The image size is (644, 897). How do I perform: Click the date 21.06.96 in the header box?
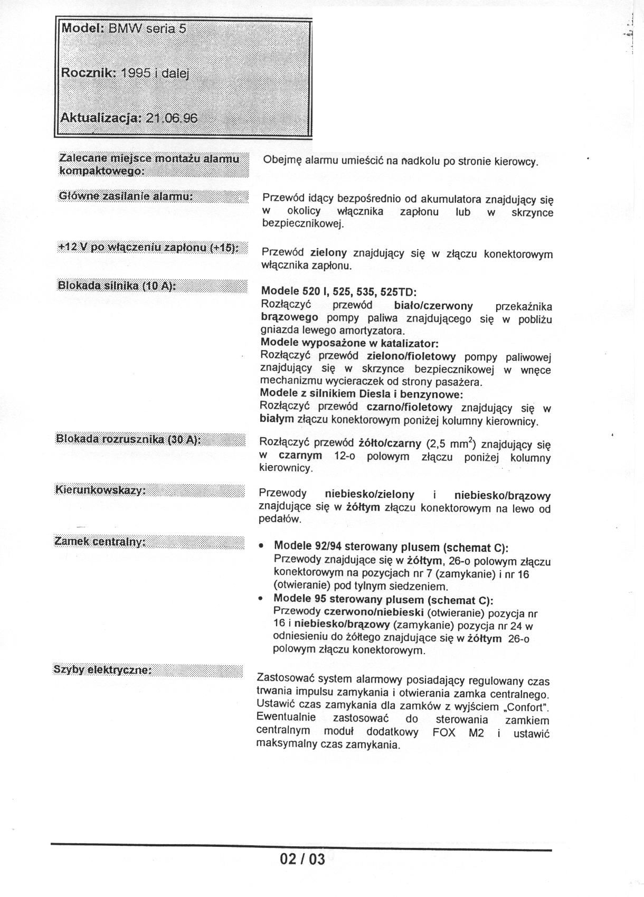tap(172, 118)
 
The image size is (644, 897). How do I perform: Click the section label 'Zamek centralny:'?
tap(100, 542)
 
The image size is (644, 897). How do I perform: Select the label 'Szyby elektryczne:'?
tap(102, 669)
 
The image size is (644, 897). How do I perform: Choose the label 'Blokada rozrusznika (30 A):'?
tap(128, 440)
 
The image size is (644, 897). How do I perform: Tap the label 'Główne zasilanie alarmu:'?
tap(125, 196)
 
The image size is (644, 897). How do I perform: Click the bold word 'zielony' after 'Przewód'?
tap(328, 253)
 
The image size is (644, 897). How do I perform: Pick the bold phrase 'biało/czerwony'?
tap(433, 306)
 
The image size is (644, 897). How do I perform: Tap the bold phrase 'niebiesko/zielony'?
tap(370, 495)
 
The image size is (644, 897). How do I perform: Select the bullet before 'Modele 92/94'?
tap(261, 547)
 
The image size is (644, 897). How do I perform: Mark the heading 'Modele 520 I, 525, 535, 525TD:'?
tap(339, 291)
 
